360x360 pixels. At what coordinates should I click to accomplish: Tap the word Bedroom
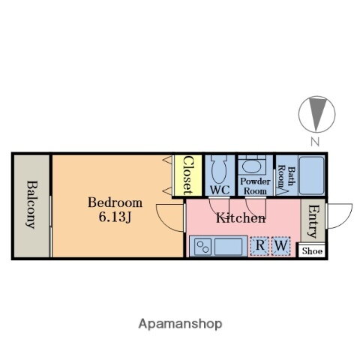(x=115, y=202)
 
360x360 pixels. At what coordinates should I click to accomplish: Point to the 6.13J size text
(x=115, y=218)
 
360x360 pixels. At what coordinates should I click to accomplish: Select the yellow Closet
(x=187, y=175)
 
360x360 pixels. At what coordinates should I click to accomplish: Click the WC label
(x=219, y=190)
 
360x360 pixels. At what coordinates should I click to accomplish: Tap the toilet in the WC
(x=219, y=169)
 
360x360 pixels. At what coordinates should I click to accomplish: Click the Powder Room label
(x=254, y=186)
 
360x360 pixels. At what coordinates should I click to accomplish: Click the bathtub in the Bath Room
(x=310, y=175)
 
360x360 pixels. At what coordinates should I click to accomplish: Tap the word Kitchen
(x=240, y=219)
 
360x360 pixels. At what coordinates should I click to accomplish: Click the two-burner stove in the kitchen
(x=202, y=246)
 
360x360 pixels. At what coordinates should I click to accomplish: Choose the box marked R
(x=259, y=245)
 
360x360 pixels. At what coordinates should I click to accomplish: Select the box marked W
(x=280, y=245)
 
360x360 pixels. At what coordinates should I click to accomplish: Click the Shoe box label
(x=312, y=250)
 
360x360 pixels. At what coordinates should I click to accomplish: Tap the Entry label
(x=313, y=222)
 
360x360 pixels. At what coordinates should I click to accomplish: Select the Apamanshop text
(x=180, y=323)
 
